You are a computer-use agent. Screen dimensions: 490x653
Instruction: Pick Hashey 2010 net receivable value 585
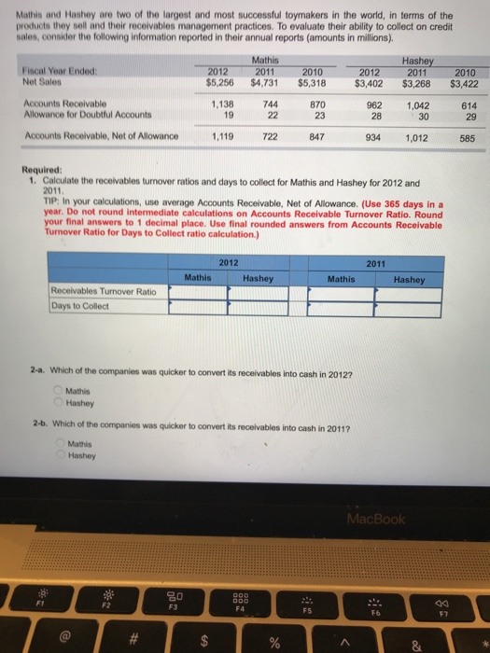click(465, 136)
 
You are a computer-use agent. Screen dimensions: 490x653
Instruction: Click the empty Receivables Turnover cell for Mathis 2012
click(197, 292)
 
